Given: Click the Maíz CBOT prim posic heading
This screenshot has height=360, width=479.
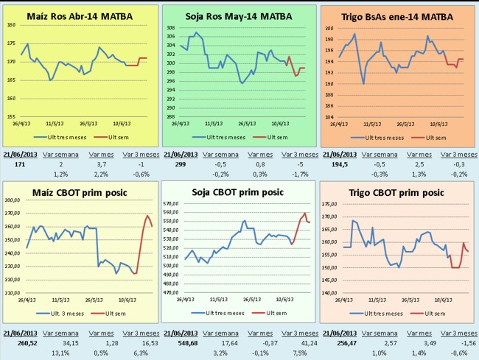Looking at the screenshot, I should (x=79, y=194).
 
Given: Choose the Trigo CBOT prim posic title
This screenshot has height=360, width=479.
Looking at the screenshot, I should (x=399, y=194).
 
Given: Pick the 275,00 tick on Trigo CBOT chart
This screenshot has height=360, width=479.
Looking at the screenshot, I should (x=329, y=205).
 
